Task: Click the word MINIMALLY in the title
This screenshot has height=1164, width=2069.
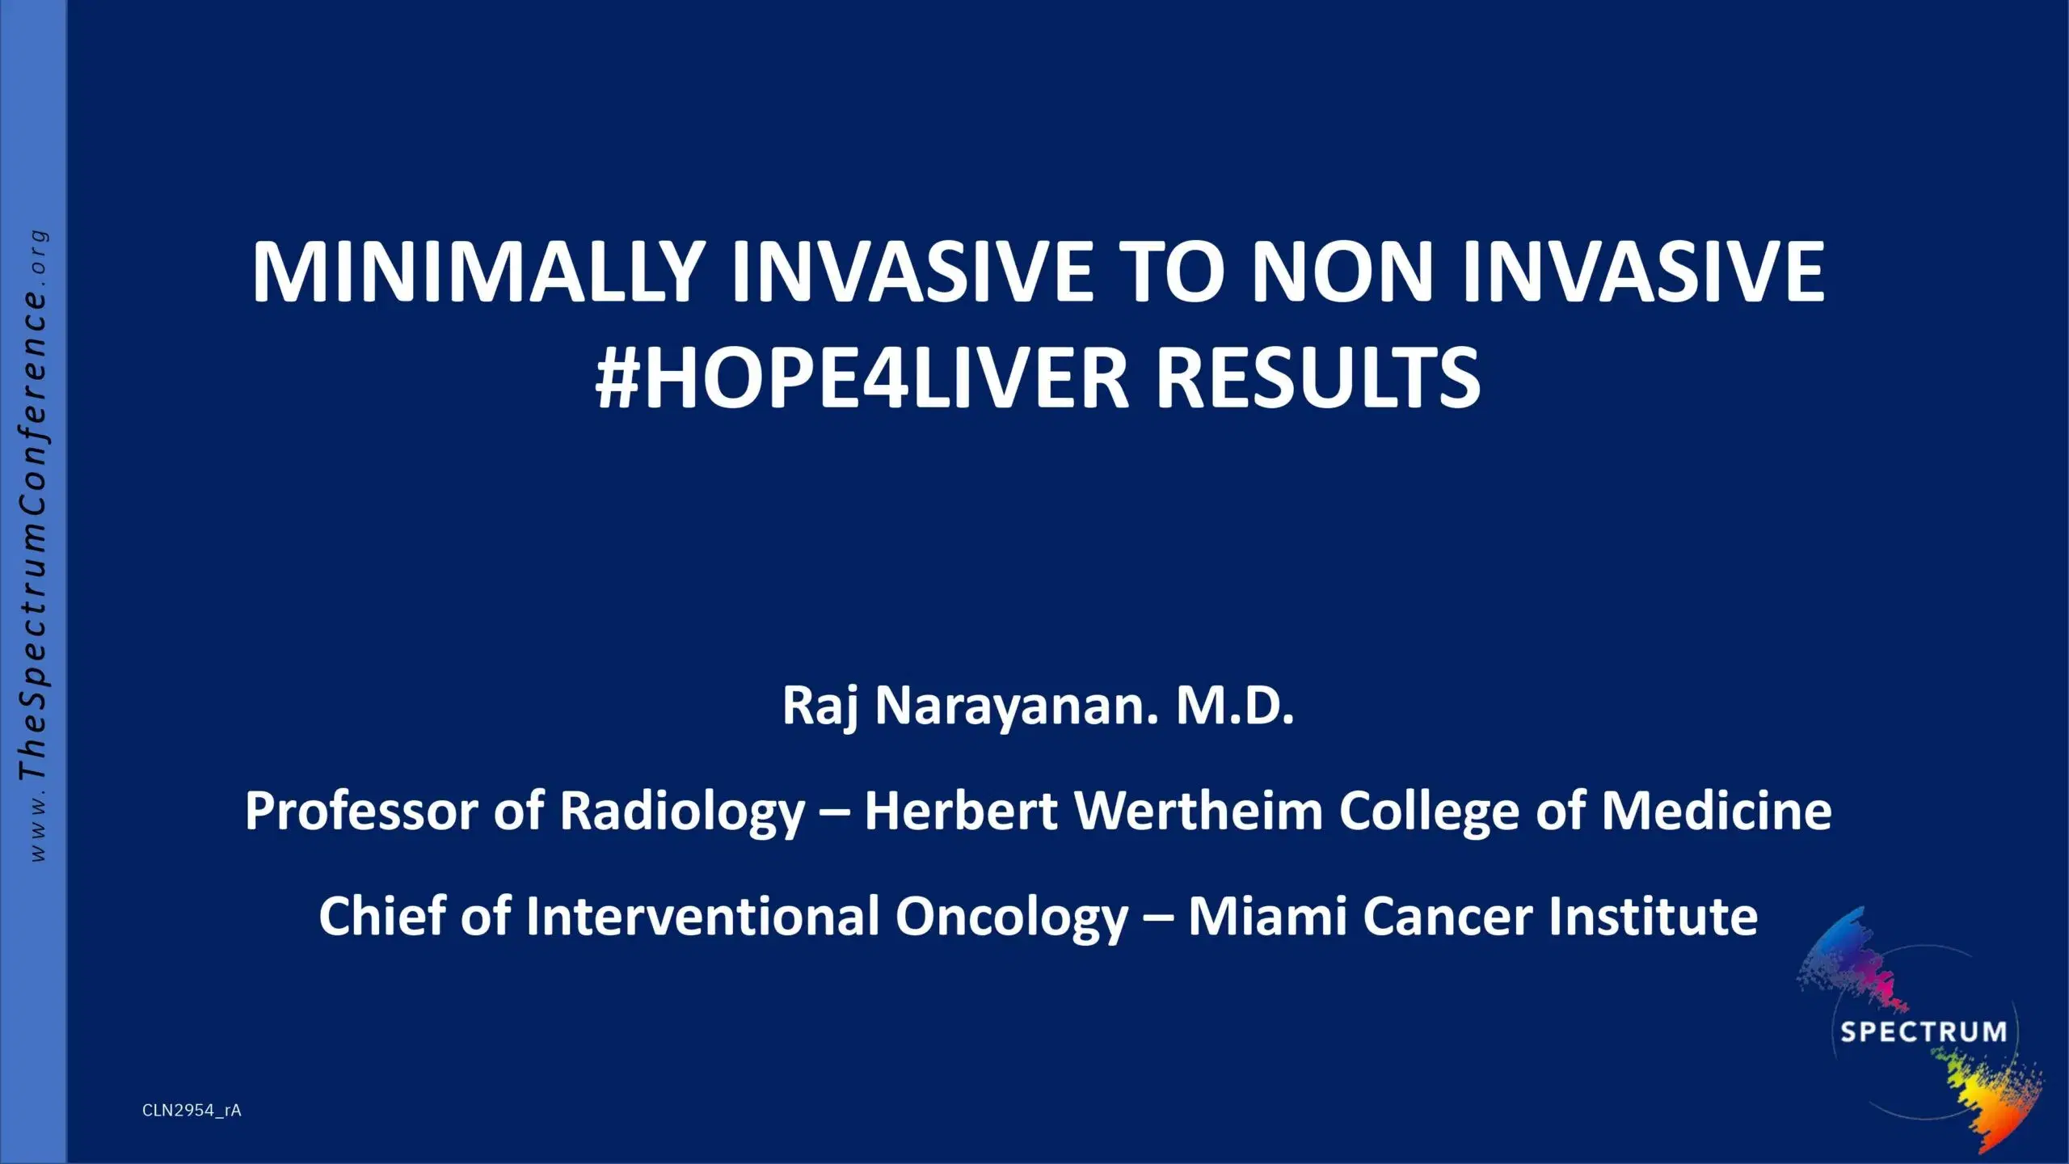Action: point(476,272)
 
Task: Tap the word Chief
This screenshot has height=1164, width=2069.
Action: point(382,917)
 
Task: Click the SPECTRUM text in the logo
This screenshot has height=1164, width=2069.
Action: point(1923,1032)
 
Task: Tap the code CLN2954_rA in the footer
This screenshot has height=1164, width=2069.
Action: point(192,1111)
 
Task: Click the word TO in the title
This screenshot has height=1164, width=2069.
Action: point(1178,272)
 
